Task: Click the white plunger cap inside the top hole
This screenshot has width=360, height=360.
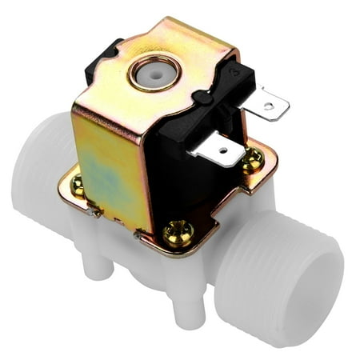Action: point(150,73)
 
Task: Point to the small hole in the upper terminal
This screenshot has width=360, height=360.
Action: point(271,104)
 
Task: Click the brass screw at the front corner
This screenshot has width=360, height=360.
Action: point(177,234)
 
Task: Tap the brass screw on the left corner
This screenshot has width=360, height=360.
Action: point(77,186)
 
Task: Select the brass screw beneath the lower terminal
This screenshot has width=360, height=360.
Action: point(252,160)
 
